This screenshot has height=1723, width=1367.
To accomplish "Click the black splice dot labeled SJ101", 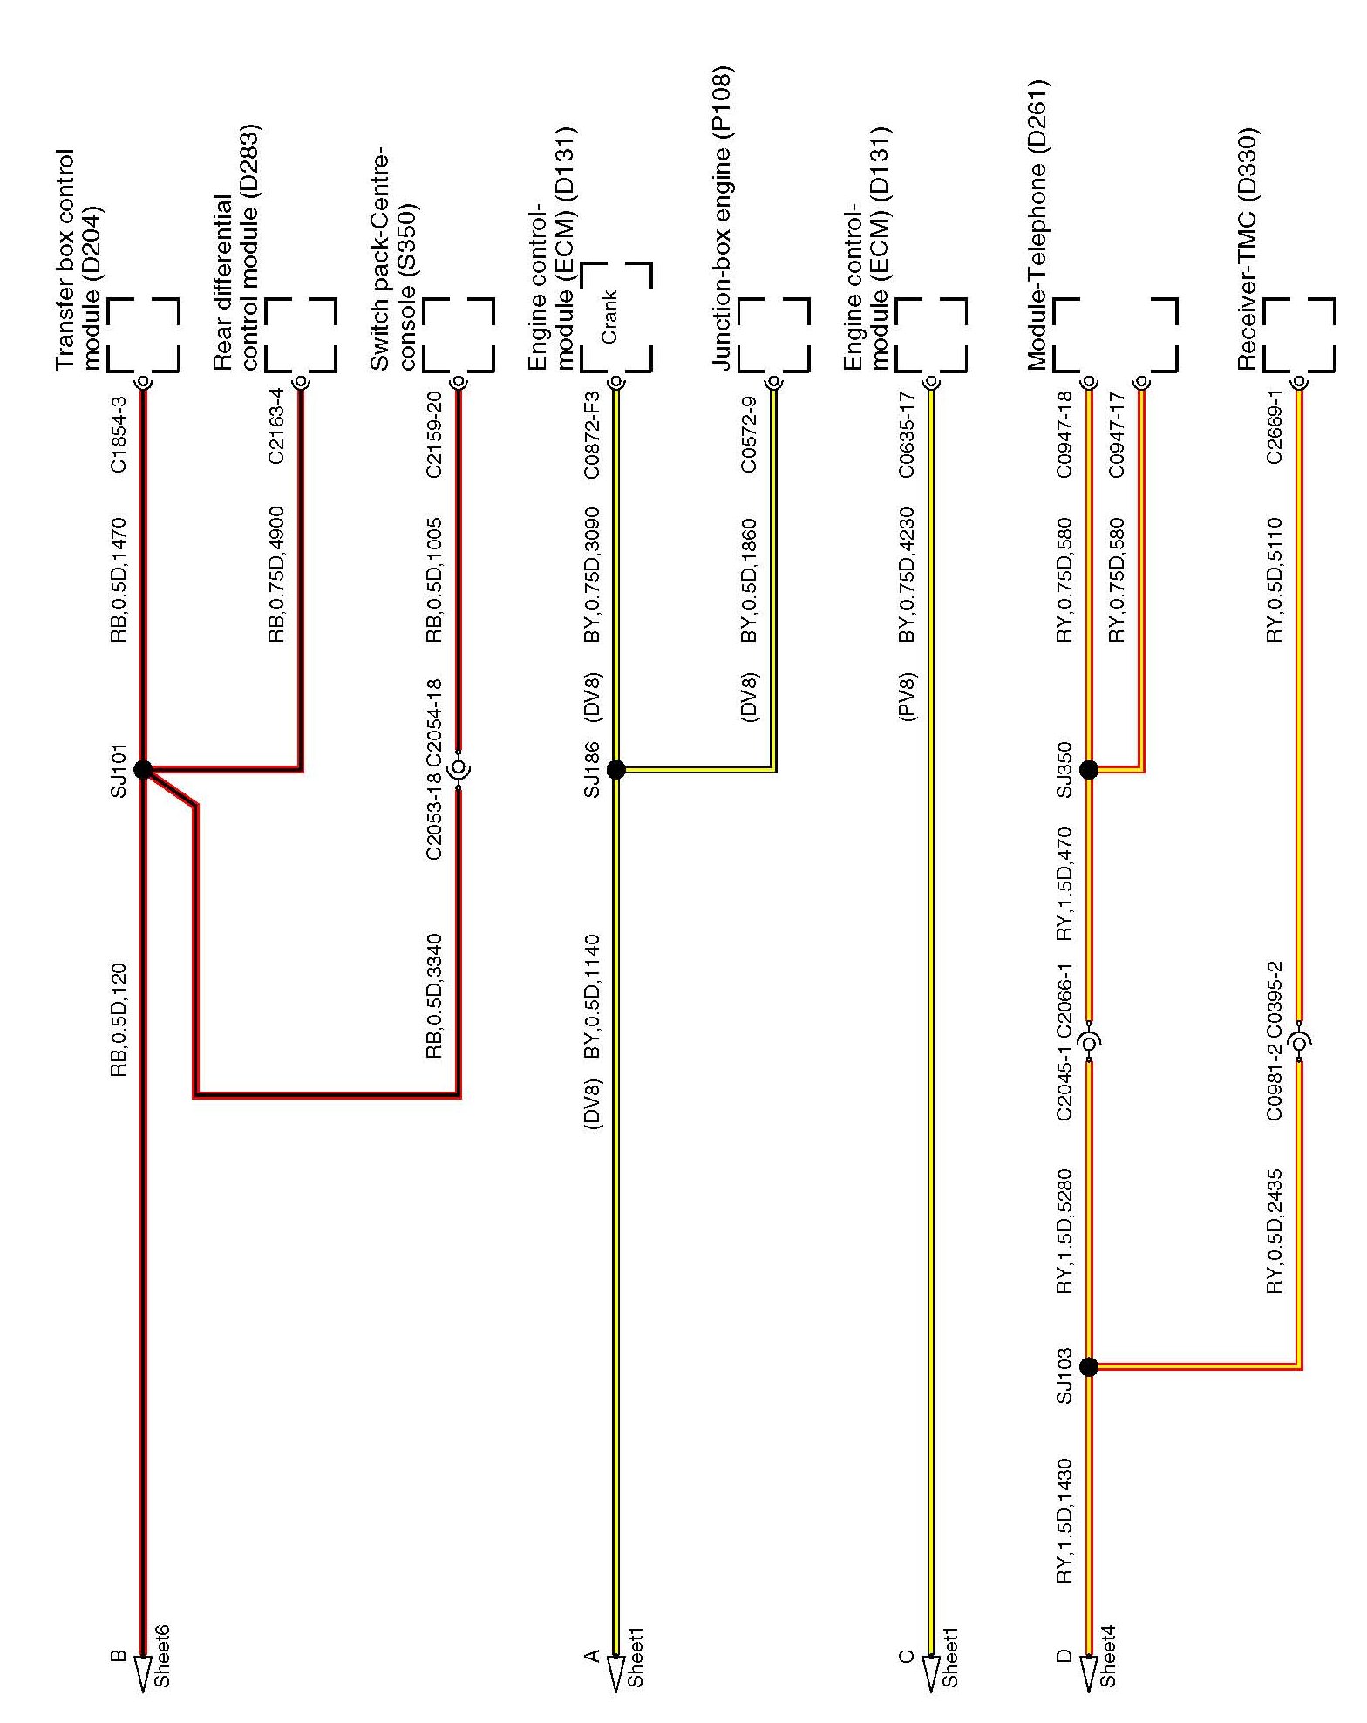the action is (x=143, y=769).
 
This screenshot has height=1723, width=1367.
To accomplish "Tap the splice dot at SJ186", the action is (x=615, y=769).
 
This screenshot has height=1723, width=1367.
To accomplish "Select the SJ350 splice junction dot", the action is (x=1088, y=769).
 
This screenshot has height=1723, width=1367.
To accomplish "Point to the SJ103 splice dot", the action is (x=1088, y=1367).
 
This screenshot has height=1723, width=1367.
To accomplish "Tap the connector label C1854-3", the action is (x=119, y=434).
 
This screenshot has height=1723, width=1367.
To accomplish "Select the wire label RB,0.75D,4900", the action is (x=276, y=574).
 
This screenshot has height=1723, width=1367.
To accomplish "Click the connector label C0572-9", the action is (x=749, y=434).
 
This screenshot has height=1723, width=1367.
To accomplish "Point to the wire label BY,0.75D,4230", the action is (x=907, y=574).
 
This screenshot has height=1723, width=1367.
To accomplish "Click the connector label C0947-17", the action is (x=1116, y=434).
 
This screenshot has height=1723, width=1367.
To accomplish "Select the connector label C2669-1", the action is (x=1274, y=434).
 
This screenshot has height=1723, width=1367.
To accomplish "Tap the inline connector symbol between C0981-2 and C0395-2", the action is (x=1300, y=1043).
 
